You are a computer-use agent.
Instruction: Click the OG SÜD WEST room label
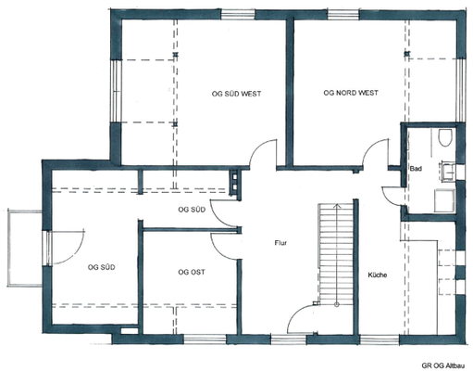236,94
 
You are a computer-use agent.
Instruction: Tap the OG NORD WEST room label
351,93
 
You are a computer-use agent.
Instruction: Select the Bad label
416,169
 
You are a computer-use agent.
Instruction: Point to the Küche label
378,275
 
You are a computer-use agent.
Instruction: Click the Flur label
280,243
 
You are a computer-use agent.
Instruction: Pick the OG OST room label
192,272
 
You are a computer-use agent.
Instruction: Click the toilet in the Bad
445,137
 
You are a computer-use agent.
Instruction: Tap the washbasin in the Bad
448,171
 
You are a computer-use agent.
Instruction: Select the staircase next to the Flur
336,254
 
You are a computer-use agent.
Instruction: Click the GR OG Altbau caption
443,365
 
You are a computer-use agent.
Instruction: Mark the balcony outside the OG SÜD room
25,249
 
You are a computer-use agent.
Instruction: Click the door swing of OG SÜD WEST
262,154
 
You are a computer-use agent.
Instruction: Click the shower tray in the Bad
444,200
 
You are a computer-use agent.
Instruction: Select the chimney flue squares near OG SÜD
235,182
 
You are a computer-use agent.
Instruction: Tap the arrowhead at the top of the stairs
337,205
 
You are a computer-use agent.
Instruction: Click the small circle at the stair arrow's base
337,304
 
